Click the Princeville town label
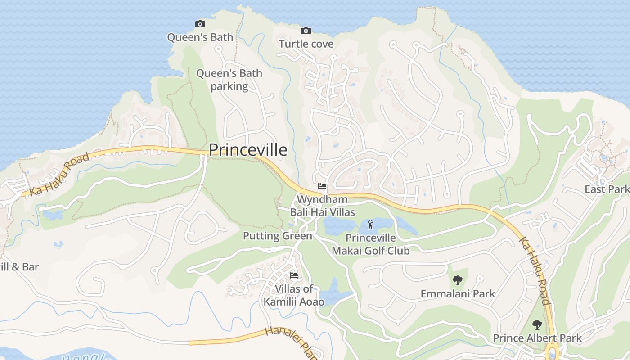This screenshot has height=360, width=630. [248, 150]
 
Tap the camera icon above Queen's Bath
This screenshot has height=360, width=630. [200, 24]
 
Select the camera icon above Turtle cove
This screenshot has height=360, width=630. [306, 31]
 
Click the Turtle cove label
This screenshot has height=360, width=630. [306, 44]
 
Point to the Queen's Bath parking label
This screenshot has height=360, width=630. [229, 79]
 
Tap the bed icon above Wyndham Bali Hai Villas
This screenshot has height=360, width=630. [322, 186]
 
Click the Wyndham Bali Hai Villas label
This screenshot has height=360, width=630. [322, 206]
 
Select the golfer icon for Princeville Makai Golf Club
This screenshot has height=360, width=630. [370, 224]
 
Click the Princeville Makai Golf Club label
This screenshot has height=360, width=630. [371, 244]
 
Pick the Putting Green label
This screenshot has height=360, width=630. [277, 236]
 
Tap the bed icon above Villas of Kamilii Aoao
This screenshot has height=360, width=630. [294, 275]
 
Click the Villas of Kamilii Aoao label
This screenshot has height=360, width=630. [294, 295]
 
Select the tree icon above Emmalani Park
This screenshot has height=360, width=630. [457, 280]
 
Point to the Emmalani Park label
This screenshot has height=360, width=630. [458, 294]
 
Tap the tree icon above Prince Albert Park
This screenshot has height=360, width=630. [537, 324]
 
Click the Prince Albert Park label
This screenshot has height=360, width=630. [537, 338]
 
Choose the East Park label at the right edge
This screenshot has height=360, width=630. [607, 189]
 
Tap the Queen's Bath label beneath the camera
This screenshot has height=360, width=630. [200, 37]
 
